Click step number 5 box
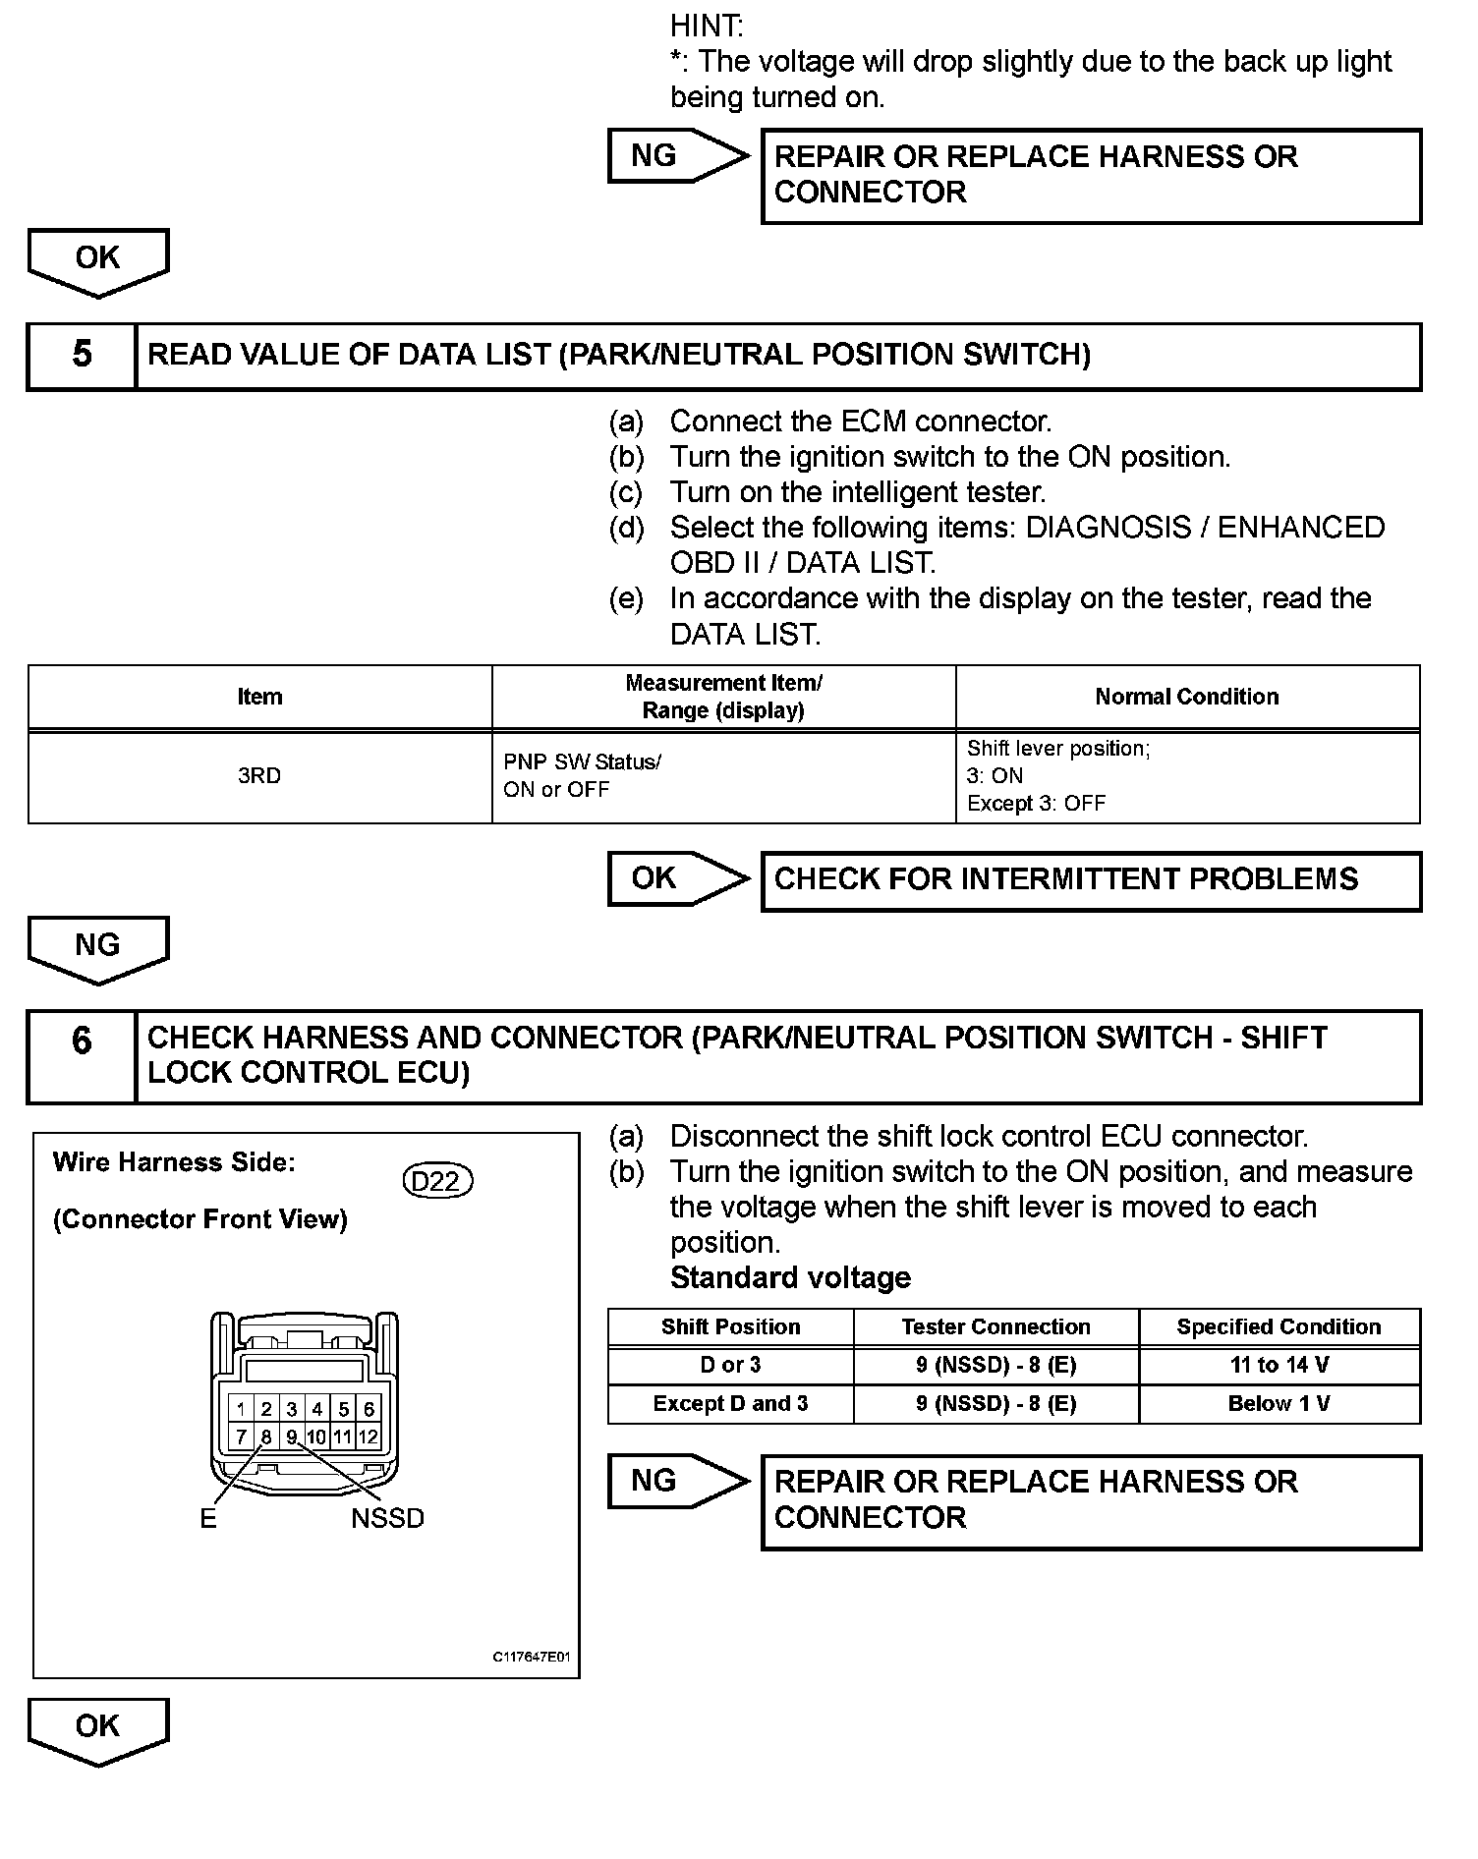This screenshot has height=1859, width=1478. [82, 356]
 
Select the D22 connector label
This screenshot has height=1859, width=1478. [437, 1180]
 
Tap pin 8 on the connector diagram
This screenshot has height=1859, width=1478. [266, 1436]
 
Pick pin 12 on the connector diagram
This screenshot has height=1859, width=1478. [368, 1436]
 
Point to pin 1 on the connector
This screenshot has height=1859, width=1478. [241, 1409]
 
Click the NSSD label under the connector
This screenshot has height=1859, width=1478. [387, 1518]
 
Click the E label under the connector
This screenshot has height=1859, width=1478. [208, 1518]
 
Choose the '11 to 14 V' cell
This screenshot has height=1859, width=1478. [1279, 1365]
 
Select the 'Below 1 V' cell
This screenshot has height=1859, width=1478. [1279, 1403]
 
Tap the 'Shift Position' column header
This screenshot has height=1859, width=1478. [730, 1326]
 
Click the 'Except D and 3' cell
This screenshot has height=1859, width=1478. [730, 1403]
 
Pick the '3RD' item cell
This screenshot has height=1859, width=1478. [259, 775]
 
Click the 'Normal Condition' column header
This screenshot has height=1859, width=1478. [1187, 697]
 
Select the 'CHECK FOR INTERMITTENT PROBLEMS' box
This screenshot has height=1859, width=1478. [1091, 880]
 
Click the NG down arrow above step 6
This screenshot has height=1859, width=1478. [97, 947]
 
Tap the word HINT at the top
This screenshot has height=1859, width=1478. [707, 26]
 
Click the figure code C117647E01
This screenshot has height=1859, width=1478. [531, 1657]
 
